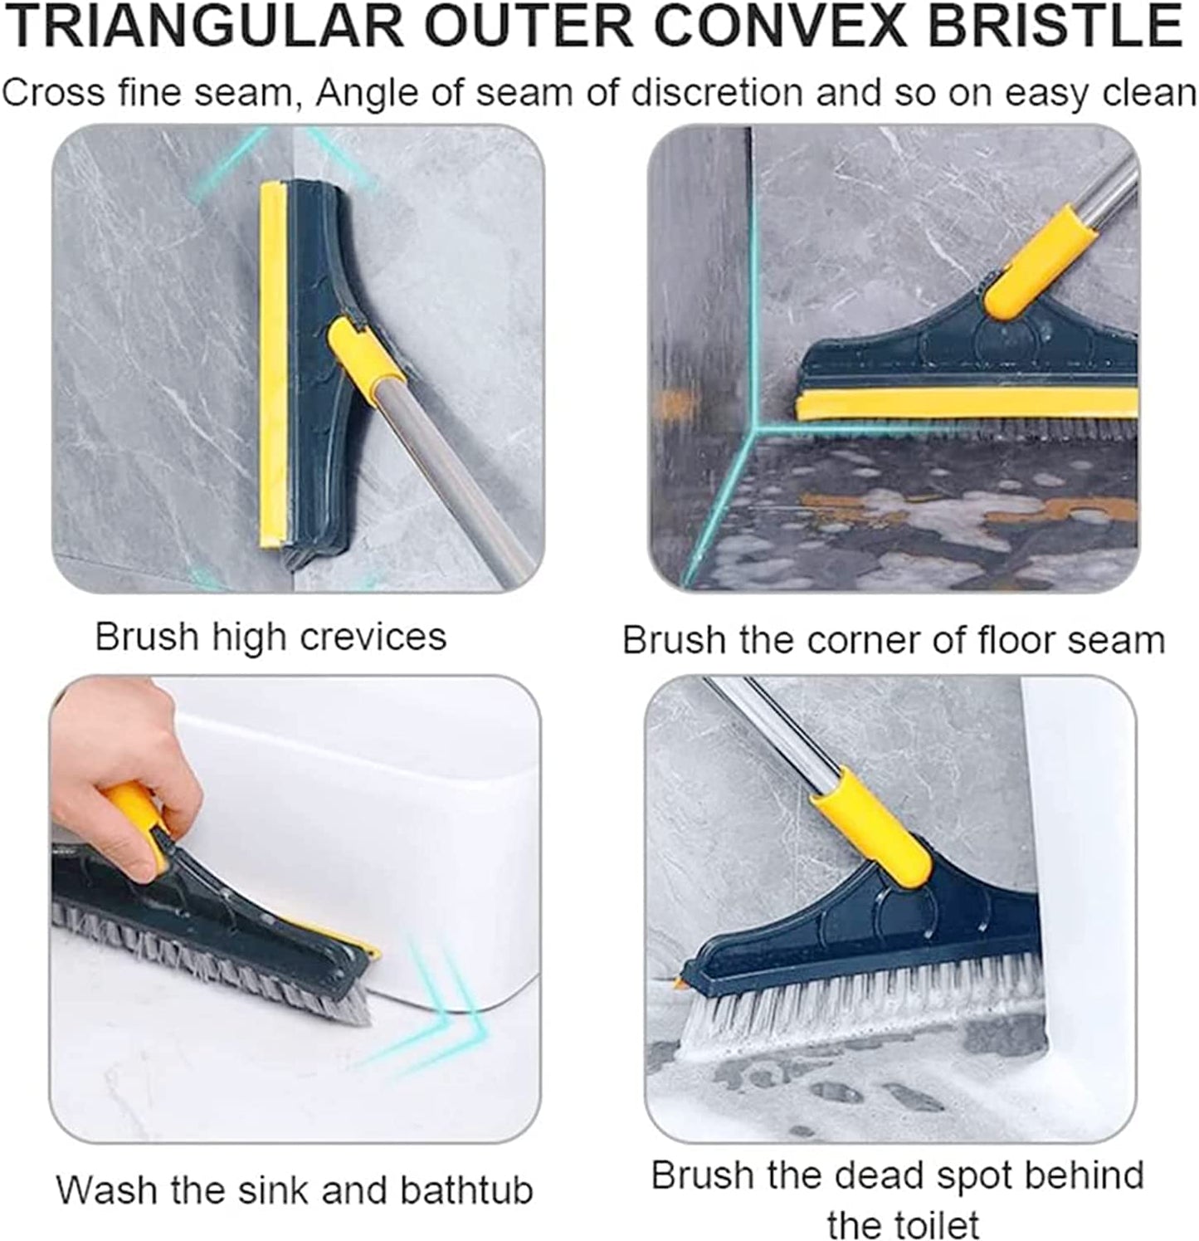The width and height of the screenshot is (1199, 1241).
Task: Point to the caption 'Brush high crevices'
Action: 271,638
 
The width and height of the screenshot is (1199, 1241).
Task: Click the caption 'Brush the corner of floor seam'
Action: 893,641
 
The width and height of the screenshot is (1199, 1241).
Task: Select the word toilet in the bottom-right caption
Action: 929,1224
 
